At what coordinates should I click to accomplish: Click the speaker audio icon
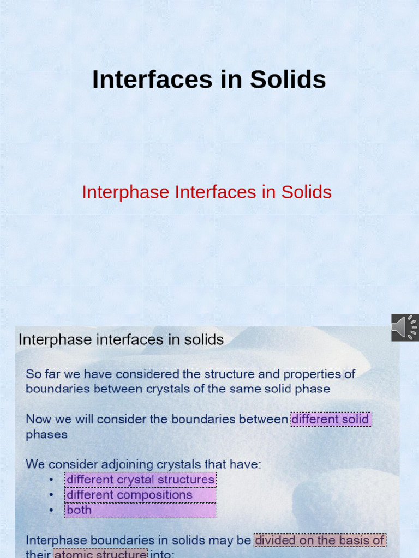pos(404,327)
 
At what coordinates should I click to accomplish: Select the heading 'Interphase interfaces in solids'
pos(121,340)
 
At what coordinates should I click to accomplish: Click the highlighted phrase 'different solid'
pos(331,420)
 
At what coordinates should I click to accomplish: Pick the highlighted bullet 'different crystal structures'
pos(140,480)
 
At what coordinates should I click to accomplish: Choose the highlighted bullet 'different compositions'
pos(129,495)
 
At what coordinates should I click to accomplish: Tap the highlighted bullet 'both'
pos(79,510)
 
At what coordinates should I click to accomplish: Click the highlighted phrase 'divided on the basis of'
pos(320,541)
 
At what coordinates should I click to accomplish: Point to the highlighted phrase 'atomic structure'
pos(100,554)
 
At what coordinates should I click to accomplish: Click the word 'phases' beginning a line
pos(47,435)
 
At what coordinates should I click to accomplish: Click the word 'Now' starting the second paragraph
pos(37,420)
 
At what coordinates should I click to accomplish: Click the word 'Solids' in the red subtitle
pos(306,192)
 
